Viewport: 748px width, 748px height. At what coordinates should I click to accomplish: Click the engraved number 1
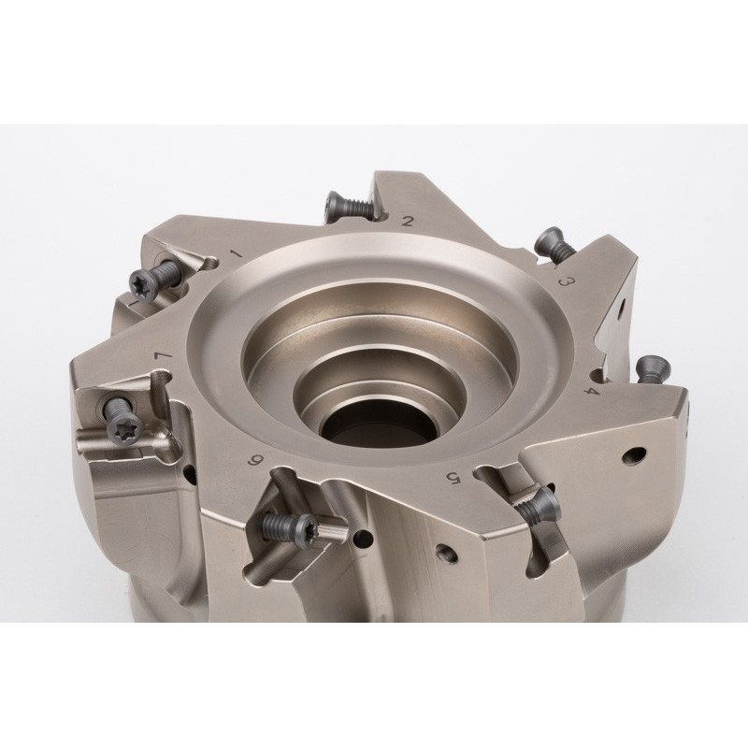tap(237, 252)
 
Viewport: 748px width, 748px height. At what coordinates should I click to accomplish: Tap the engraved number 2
tap(408, 221)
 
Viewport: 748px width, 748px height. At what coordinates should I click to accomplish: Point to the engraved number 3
tap(566, 281)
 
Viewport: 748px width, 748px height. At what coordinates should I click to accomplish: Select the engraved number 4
tap(591, 391)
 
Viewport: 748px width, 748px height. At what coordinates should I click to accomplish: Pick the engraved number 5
tap(452, 477)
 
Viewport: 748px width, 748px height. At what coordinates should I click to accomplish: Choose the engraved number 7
tap(162, 356)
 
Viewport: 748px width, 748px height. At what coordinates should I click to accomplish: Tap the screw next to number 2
tap(348, 207)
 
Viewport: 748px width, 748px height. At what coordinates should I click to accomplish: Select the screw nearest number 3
tap(554, 244)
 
